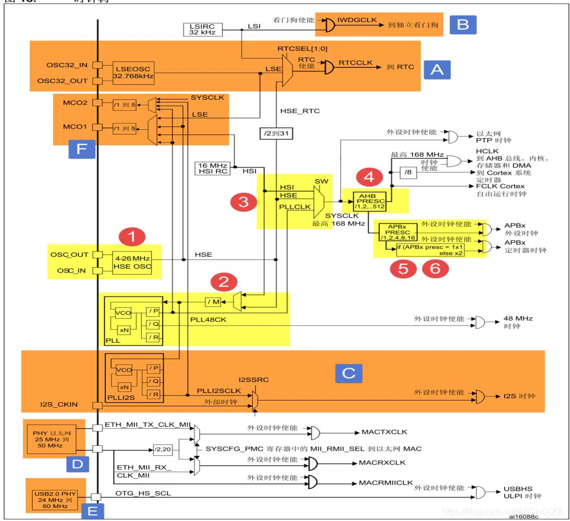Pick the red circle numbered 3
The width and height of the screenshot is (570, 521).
coord(242,202)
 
